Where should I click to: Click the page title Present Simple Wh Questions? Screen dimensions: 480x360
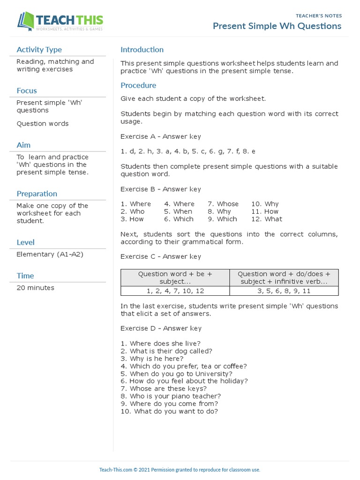[277, 26]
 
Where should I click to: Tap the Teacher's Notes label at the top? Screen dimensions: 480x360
[319, 15]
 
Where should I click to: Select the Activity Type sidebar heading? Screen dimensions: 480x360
[39, 50]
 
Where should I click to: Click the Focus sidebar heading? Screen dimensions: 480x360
[27, 90]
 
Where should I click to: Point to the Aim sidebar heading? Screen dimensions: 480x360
[23, 145]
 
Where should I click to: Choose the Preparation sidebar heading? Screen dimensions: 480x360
[37, 194]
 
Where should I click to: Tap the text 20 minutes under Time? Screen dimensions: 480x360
[35, 288]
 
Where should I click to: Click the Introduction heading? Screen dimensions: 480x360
[142, 50]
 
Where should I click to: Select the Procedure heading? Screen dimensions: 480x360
[138, 85]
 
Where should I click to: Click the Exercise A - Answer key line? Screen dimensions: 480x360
[161, 136]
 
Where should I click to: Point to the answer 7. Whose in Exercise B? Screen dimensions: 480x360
[223, 204]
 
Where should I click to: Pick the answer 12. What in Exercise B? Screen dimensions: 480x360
[267, 219]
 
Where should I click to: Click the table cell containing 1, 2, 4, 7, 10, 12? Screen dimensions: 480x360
[175, 291]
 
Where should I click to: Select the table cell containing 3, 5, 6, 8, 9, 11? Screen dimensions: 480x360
[284, 291]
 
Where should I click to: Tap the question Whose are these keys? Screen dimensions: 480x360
[163, 389]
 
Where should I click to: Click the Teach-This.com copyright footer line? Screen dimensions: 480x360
[180, 469]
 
